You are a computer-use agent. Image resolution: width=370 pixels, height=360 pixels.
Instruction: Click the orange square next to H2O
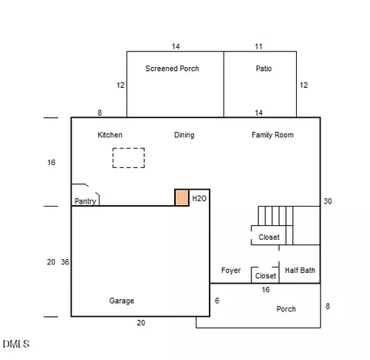coord(182,197)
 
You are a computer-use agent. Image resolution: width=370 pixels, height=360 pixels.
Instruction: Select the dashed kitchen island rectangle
coord(129,148)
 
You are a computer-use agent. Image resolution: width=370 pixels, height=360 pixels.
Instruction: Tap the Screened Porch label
coord(172,69)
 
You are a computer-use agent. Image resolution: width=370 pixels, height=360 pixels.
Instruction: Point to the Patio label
coord(264,69)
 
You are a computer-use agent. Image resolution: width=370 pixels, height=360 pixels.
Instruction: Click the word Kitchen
coord(109,135)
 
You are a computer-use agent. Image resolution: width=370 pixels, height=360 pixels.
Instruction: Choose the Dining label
coord(184,135)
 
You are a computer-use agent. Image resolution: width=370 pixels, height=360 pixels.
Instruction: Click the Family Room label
coord(273,135)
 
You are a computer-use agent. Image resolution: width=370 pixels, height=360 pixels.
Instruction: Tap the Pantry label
coord(86,201)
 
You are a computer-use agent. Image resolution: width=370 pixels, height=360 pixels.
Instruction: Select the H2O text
coord(200,198)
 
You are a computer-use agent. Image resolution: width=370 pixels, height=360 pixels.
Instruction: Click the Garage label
coord(122,301)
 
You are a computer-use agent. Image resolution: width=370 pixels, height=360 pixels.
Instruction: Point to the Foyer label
coord(231,271)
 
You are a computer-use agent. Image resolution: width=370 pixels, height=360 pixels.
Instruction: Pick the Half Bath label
coord(300,270)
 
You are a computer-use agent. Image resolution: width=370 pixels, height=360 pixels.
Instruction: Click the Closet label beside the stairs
coord(269,237)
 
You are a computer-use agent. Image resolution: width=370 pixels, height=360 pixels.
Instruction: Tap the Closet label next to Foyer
coord(265,276)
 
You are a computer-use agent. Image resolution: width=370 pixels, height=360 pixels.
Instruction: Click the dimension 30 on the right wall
coord(328,201)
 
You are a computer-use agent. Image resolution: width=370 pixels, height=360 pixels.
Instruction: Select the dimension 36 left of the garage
coord(65,262)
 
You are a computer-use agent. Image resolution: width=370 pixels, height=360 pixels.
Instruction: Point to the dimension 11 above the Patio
coord(258,46)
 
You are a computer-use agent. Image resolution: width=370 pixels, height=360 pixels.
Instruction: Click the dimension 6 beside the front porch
coord(217,301)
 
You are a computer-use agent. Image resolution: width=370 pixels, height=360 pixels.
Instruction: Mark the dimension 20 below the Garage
coord(141,323)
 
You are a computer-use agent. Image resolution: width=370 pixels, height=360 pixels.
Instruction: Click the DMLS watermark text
coord(16,344)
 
